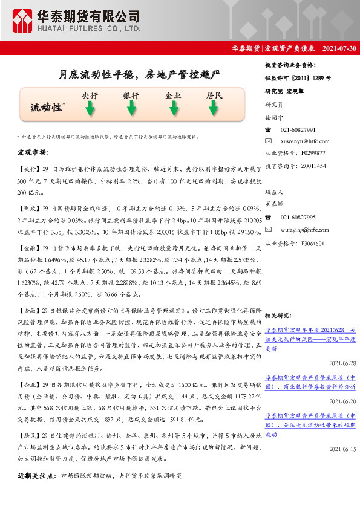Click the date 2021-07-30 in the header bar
point(339,48)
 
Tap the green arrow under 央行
point(90,109)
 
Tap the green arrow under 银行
point(131,109)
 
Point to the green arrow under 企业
point(173,109)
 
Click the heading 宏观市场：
point(33,152)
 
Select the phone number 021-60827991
point(298,130)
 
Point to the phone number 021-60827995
point(298,217)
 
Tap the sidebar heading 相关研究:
point(279,315)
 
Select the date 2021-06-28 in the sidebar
point(343,363)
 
